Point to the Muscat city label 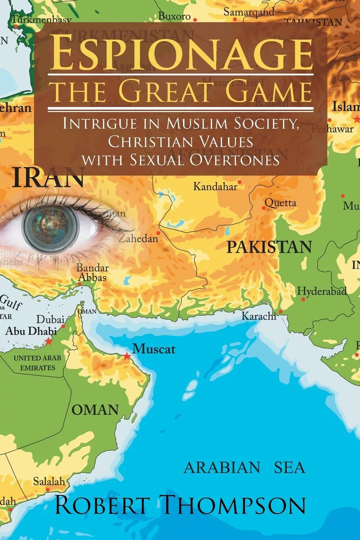tap(154, 349)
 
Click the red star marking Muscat tap(127, 356)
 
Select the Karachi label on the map tap(259, 316)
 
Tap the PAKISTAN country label tap(269, 247)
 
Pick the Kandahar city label tap(215, 186)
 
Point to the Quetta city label tap(281, 203)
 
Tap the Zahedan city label tap(138, 239)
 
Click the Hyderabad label tap(322, 291)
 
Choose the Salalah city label tap(48, 481)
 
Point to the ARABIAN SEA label tap(244, 468)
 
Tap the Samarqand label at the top tap(249, 12)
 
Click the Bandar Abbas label tap(92, 272)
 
